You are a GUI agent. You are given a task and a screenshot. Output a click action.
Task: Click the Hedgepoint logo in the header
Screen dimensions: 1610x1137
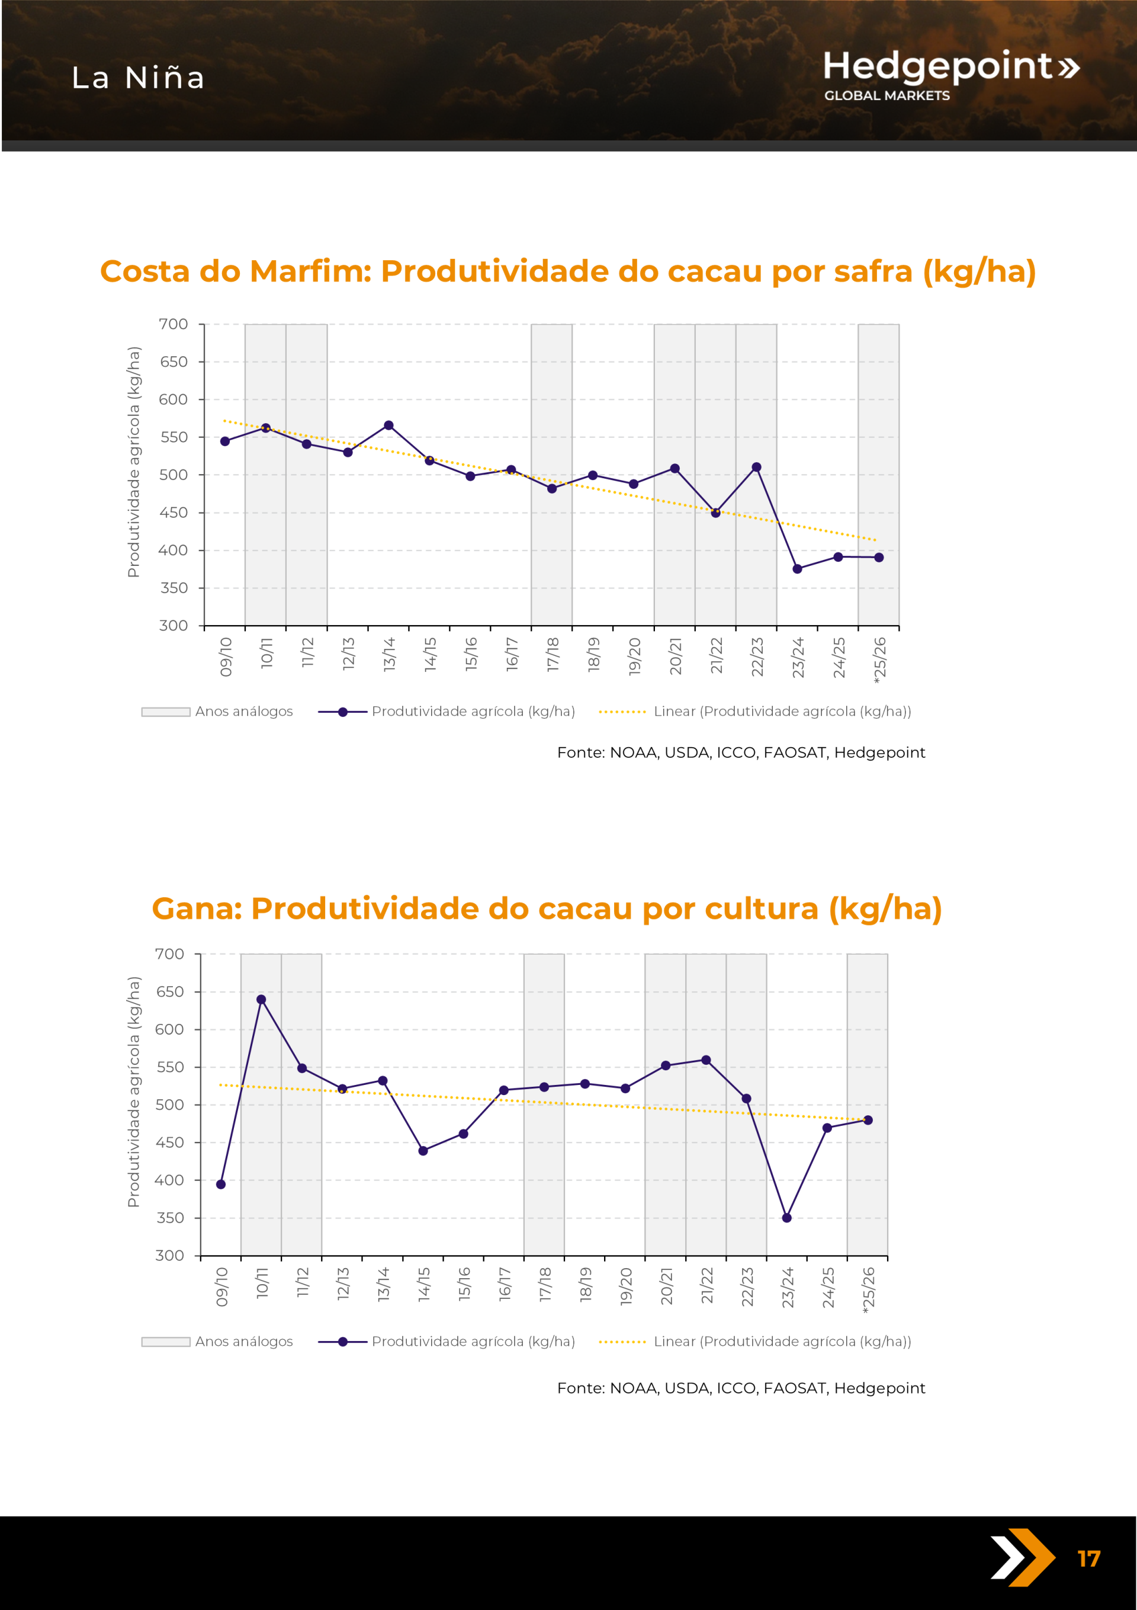950,74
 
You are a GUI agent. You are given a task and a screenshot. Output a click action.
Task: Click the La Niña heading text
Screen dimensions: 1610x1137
138,78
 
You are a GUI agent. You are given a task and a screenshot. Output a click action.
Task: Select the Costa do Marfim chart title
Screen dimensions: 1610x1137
568,271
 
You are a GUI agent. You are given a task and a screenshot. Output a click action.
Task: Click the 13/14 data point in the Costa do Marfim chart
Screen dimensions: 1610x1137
388,425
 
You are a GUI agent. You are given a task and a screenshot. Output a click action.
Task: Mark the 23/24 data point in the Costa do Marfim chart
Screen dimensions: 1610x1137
797,569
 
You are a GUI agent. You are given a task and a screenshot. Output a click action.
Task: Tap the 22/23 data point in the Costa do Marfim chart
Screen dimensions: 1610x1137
756,467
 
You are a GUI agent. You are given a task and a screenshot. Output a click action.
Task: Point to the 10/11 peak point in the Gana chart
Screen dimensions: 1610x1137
261,999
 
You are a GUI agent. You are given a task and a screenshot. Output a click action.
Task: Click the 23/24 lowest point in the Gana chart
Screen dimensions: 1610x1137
786,1218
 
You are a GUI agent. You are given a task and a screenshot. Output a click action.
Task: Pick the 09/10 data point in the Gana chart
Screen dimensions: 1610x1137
221,1185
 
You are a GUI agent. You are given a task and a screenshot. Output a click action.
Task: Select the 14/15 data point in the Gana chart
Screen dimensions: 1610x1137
423,1151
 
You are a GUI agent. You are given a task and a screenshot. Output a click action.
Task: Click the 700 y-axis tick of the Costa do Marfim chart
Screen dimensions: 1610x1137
173,324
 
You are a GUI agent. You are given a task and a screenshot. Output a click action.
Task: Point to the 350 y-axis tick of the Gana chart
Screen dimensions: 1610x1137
169,1218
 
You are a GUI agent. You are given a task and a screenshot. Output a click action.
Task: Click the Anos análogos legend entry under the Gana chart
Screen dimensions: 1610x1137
217,1342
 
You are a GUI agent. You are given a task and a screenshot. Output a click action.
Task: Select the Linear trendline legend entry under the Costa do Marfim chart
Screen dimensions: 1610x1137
755,711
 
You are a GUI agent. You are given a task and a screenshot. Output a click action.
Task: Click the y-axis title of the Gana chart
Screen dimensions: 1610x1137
133,1092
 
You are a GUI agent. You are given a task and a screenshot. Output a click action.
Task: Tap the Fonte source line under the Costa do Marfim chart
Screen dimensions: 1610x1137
741,753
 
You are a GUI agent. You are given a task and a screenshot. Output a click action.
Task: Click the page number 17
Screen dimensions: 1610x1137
1088,1559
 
